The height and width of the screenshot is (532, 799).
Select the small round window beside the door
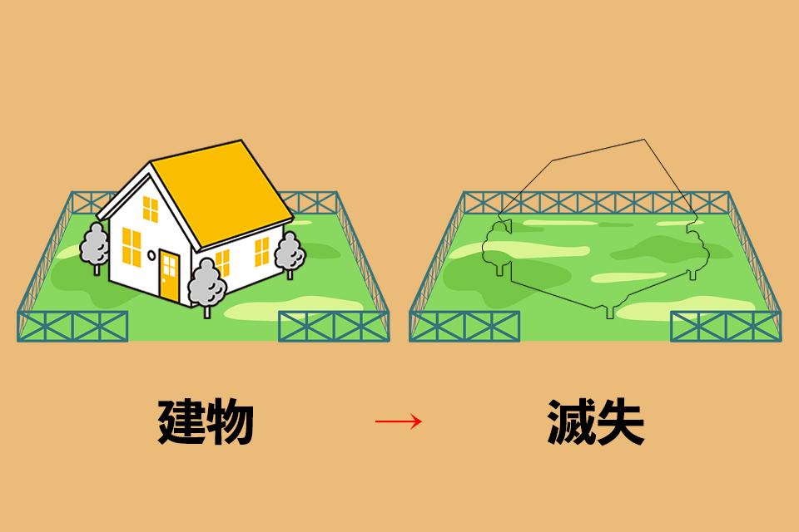(x=151, y=255)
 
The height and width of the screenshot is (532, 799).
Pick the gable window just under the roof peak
(x=150, y=209)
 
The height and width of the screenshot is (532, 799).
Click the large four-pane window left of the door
(x=132, y=246)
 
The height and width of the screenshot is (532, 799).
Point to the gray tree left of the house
(x=95, y=244)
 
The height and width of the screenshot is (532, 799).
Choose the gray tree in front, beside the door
(x=206, y=283)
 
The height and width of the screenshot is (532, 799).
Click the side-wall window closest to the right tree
(x=262, y=251)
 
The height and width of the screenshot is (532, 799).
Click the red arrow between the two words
(x=399, y=421)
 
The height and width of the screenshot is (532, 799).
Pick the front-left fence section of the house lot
(x=72, y=327)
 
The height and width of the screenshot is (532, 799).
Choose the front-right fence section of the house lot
(x=333, y=327)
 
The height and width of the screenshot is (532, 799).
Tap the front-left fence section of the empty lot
(x=464, y=327)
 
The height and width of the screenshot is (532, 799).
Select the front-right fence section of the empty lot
(x=726, y=327)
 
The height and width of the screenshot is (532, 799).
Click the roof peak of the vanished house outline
(x=643, y=140)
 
